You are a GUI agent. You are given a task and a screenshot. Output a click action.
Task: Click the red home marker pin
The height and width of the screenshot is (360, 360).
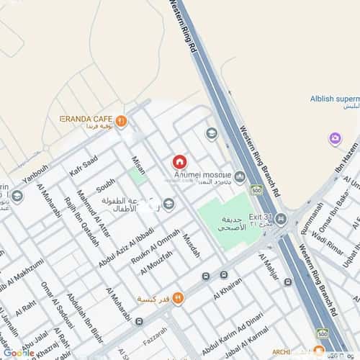pos(179,163)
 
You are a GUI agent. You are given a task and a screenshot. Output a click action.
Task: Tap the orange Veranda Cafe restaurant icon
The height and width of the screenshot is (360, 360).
pos(121,122)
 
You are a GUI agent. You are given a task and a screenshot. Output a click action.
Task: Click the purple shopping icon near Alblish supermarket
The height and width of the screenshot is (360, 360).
pos(335,139)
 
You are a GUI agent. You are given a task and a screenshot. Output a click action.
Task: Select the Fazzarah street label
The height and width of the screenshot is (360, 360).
pos(155,334)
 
